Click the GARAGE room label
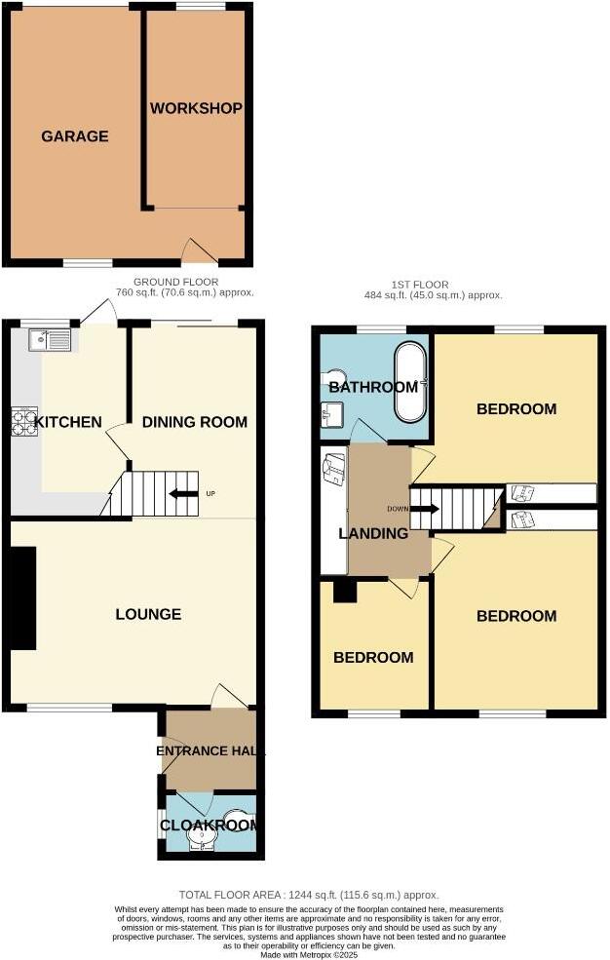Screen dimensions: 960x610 point(74,136)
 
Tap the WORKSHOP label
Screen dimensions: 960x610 point(196,108)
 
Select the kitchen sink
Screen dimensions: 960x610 point(51,340)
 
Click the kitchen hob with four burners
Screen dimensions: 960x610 point(24,420)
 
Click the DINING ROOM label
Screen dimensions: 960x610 point(195,422)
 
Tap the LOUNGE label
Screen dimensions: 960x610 point(148,614)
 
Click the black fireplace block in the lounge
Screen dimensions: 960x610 point(21,597)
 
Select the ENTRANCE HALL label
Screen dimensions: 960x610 point(211,751)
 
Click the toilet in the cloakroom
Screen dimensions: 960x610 point(237,817)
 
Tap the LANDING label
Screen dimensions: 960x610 point(373,533)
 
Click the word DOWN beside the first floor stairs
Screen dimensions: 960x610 point(398,509)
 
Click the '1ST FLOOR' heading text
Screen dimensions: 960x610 point(420,285)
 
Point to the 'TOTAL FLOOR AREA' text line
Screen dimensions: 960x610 point(309,895)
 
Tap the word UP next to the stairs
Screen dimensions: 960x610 point(210,493)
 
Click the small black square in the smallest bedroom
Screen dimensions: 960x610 point(343,591)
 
